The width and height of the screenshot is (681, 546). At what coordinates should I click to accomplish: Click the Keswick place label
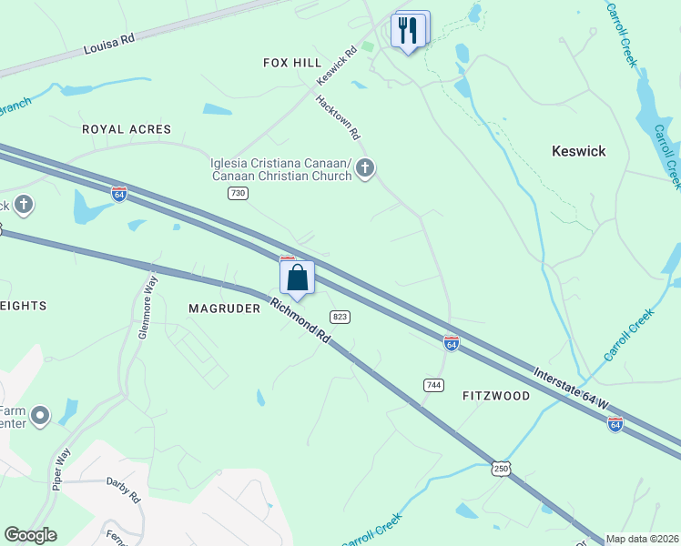[578, 151]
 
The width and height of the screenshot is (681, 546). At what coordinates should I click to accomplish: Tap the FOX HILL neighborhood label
[292, 63]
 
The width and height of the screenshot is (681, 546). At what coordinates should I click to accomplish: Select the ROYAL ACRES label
[127, 129]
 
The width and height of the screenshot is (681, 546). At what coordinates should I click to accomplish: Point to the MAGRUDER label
[224, 308]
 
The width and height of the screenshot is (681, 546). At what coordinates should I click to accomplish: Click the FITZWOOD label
[495, 396]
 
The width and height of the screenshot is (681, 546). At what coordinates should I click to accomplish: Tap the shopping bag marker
[297, 278]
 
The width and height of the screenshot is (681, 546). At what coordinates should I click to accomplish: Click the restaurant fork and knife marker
[408, 30]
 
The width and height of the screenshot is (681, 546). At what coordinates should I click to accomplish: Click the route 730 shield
[238, 193]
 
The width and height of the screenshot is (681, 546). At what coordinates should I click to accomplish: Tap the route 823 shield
[340, 316]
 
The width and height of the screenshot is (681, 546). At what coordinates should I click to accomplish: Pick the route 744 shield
[433, 386]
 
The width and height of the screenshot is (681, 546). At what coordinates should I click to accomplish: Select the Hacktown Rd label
[338, 117]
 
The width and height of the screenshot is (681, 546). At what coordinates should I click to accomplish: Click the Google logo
[30, 535]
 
